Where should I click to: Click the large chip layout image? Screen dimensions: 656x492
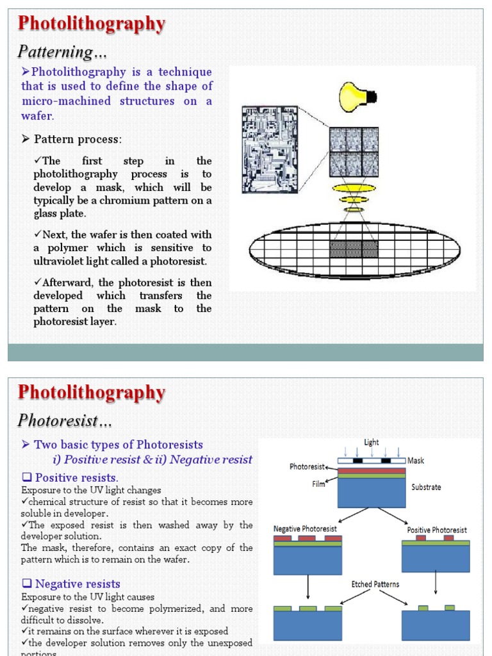pos(270,150)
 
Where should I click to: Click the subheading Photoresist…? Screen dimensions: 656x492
pos(65,420)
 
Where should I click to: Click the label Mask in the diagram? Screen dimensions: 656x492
pos(415,460)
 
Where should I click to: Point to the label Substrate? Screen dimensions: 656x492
pos(426,487)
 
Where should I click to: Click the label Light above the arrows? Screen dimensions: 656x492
pos(372,442)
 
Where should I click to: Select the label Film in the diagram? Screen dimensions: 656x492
pos(319,484)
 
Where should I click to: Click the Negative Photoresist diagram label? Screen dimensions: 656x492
pos(305,529)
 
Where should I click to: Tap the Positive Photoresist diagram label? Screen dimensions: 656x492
pos(437,530)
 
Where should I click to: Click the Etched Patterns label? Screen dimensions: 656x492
pos(375,584)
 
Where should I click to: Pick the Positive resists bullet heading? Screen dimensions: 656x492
pos(76,478)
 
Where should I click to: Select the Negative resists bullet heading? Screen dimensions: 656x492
pos(78,584)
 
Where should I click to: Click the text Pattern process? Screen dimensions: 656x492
pos(78,139)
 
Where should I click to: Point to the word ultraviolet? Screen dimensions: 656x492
pos(63,261)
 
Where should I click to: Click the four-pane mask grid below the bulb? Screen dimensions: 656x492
pos(354,152)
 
